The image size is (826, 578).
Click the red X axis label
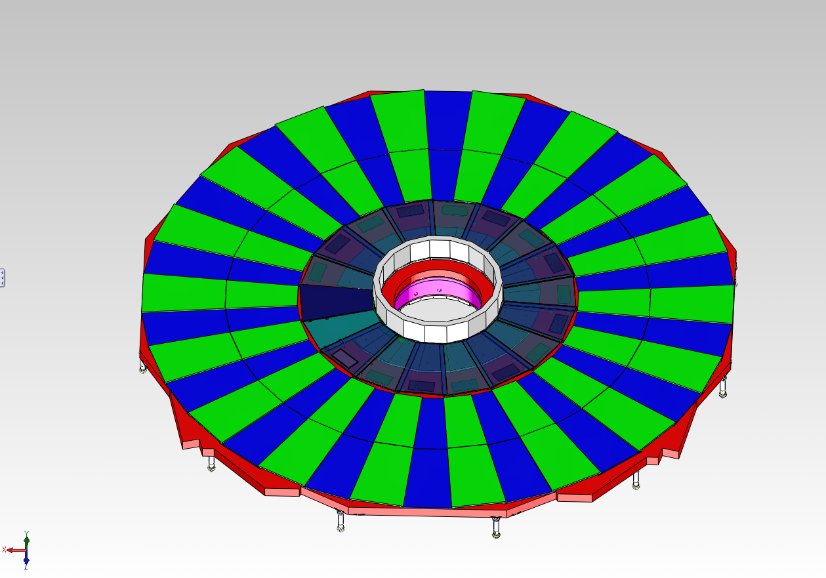[x=4, y=550]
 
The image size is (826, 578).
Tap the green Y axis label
[x=26, y=533]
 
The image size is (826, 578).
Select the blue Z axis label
[x=26, y=567]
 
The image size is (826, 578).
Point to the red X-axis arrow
[x=16, y=550]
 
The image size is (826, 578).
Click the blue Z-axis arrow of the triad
[x=26, y=557]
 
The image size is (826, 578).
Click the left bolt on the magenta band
[x=417, y=294]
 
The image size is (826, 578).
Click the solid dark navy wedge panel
[x=335, y=301]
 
